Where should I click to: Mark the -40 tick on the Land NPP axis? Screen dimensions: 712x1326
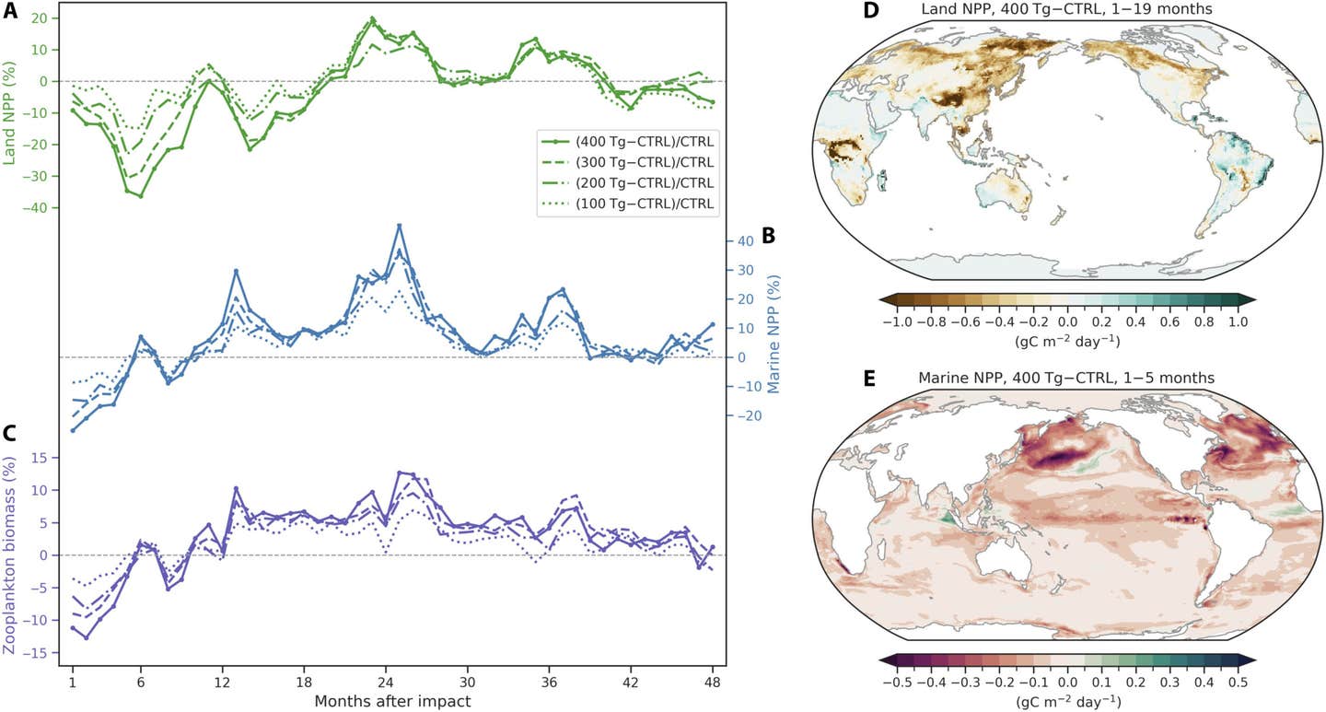coord(37,208)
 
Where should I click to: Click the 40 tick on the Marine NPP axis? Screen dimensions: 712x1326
coord(745,240)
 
